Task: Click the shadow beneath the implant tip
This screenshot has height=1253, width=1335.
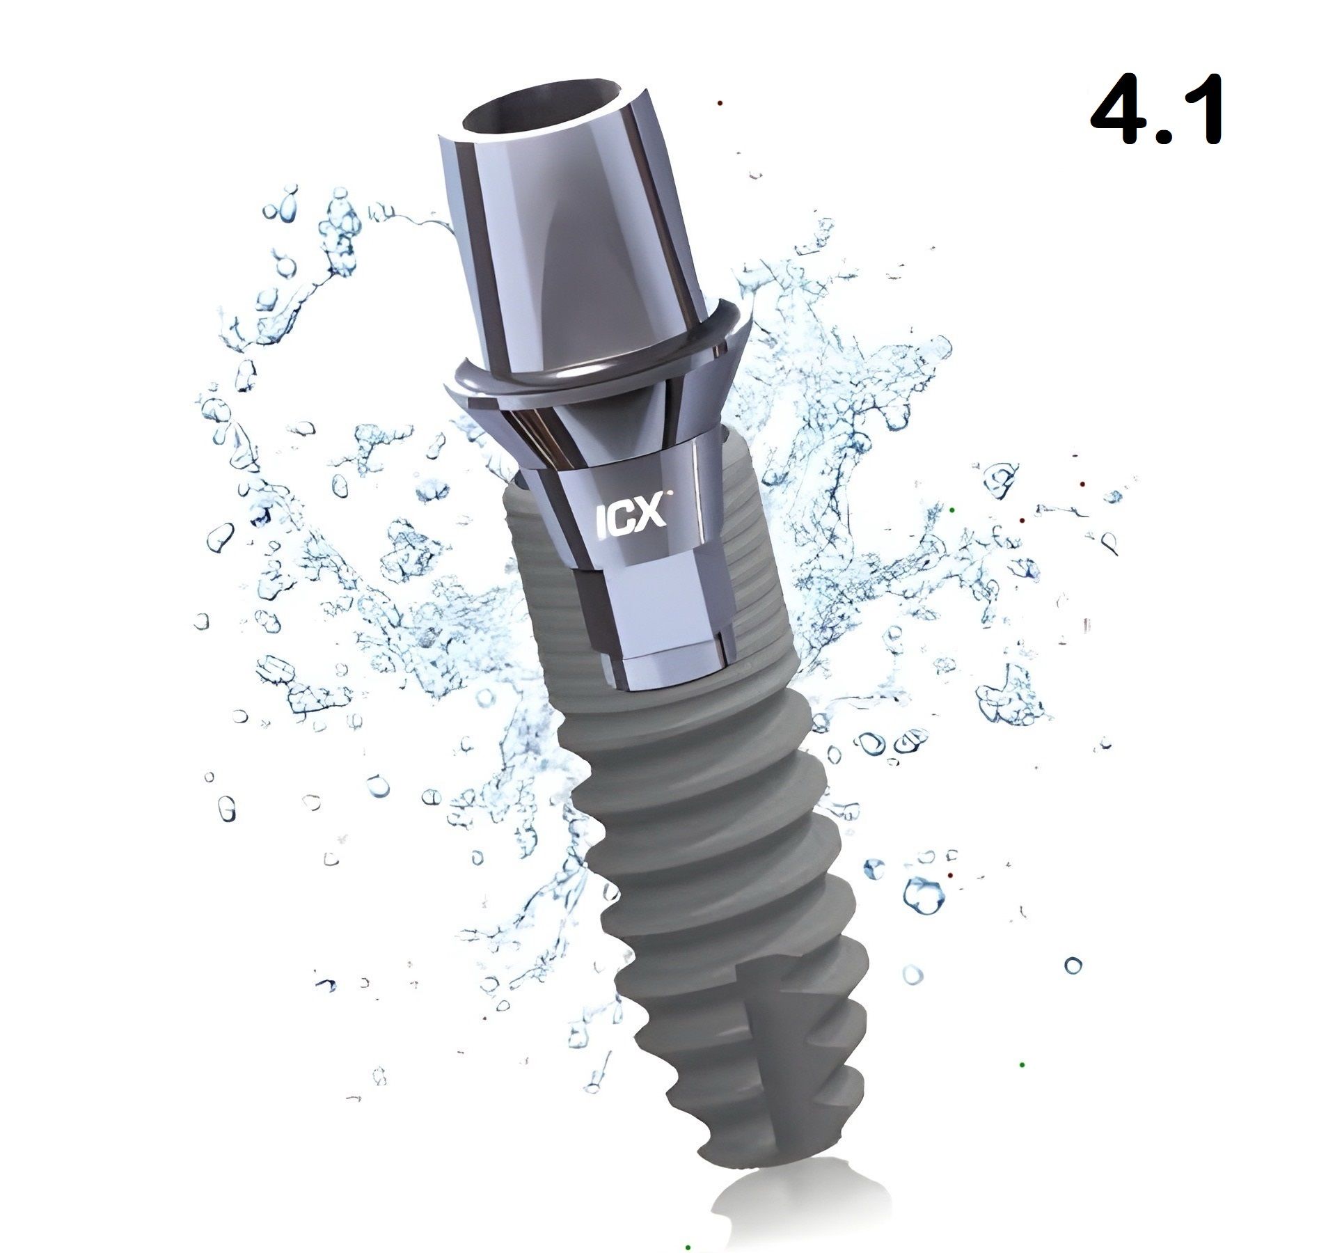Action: click(x=766, y=1204)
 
